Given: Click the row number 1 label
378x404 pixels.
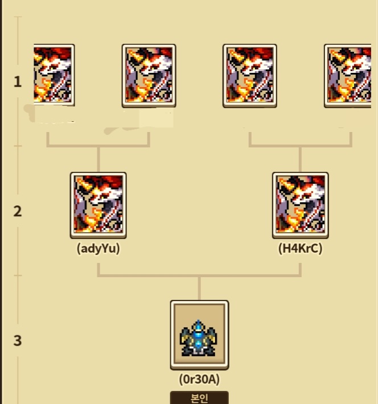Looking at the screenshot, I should (18, 81).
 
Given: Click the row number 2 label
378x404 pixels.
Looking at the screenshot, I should (18, 211).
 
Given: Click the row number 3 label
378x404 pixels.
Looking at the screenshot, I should (18, 341).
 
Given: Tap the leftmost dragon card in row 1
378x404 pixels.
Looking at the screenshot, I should (54, 76).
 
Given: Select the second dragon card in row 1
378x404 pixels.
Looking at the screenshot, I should (149, 76).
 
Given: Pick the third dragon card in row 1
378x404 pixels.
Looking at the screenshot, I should (249, 76).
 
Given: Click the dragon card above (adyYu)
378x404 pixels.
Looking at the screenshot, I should (98, 205).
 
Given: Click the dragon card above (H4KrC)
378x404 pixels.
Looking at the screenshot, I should (300, 205).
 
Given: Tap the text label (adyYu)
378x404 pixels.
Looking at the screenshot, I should (98, 249).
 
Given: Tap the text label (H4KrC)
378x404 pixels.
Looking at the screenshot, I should (300, 249).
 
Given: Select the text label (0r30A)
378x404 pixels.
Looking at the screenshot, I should (199, 378).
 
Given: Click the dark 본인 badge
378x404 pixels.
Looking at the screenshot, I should (199, 397).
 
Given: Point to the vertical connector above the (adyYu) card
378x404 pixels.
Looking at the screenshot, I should (98, 159).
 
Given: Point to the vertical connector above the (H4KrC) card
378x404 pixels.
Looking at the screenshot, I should (300, 159).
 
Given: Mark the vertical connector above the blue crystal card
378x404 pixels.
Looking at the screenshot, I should (199, 288).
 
